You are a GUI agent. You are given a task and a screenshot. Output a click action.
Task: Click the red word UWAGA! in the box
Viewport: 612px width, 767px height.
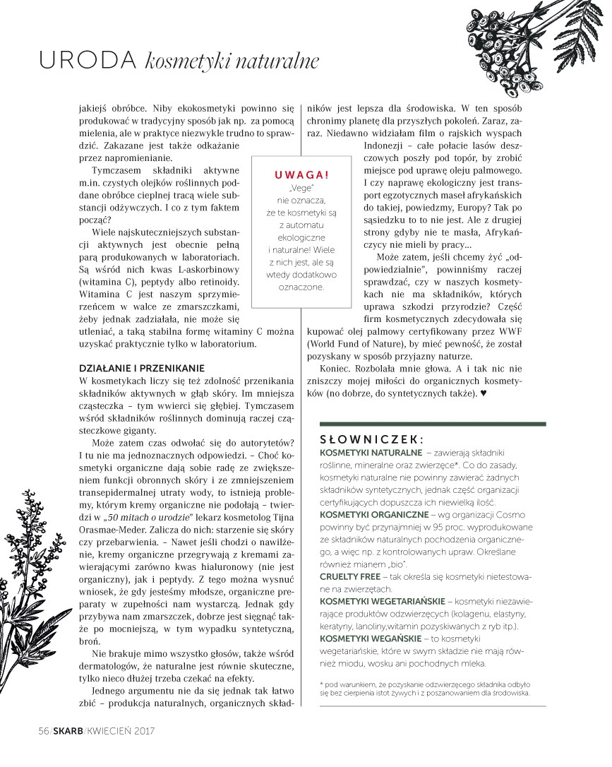[x=301, y=174]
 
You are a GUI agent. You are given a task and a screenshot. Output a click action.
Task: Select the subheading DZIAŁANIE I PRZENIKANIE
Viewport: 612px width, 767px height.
[x=141, y=368]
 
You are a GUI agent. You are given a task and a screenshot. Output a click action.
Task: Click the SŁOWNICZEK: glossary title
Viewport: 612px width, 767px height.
[x=371, y=438]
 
